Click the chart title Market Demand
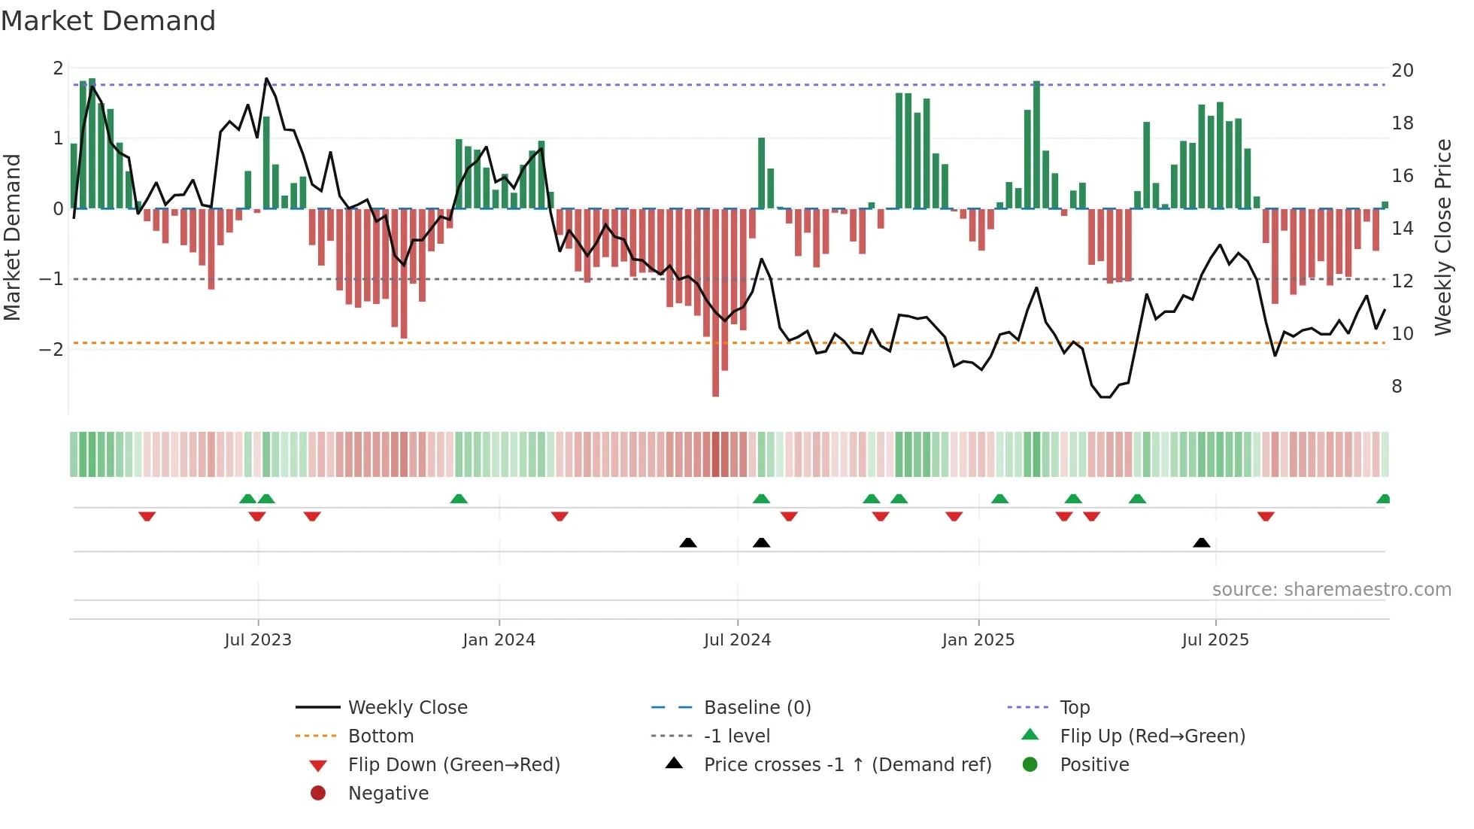pos(108,21)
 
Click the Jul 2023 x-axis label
pos(258,640)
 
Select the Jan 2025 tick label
pos(978,640)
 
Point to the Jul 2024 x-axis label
pos(737,640)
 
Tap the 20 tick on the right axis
pos(1402,71)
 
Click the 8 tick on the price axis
pos(1397,387)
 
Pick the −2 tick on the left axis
pos(51,350)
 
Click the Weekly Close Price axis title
pos(1442,237)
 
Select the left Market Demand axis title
pos(12,237)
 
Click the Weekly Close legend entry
pos(407,708)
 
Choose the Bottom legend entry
pos(381,736)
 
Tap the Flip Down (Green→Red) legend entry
pos(453,765)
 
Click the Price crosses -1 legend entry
pos(847,765)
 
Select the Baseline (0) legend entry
pos(757,708)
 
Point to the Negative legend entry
pos(388,794)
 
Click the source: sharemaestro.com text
pos(1331,590)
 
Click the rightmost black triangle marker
pos(1201,543)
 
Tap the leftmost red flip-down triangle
pos(147,516)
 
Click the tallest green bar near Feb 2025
pos(1036,143)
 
